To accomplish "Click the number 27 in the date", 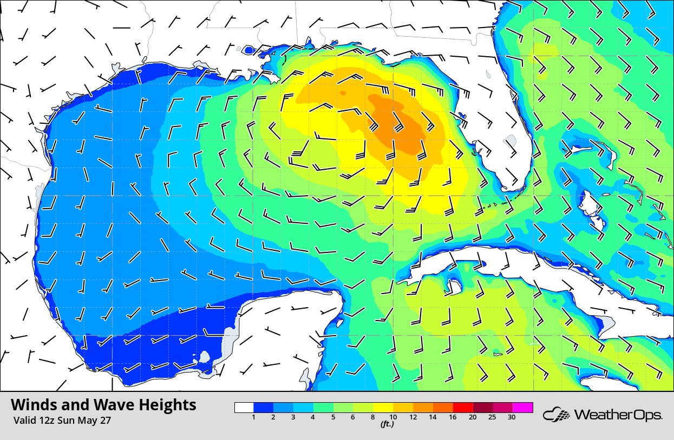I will pyautogui.click(x=105, y=421).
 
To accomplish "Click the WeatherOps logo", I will pyautogui.click(x=603, y=415).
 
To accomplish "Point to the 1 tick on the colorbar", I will pyautogui.click(x=253, y=417).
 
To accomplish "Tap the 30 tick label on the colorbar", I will pyautogui.click(x=512, y=417).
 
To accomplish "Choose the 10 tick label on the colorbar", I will pyautogui.click(x=393, y=417).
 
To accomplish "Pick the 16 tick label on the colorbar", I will pyautogui.click(x=453, y=417).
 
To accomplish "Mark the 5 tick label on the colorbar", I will pyautogui.click(x=333, y=417).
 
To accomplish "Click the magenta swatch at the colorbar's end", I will pyautogui.click(x=523, y=408).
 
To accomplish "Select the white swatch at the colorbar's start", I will pyautogui.click(x=244, y=408).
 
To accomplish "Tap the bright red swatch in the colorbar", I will pyautogui.click(x=463, y=408).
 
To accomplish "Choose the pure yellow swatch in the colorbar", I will pyautogui.click(x=383, y=408).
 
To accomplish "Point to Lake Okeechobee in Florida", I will pyautogui.click(x=511, y=142).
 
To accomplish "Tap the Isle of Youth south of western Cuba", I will pyautogui.click(x=453, y=286).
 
